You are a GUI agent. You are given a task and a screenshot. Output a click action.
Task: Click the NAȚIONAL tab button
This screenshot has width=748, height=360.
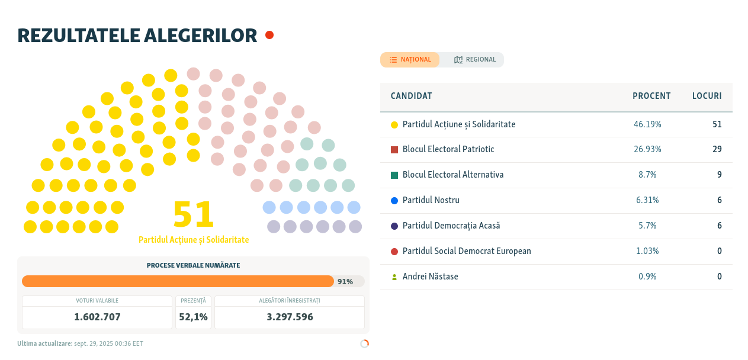tap(410, 60)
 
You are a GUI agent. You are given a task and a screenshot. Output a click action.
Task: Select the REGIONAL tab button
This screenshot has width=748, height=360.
tap(474, 60)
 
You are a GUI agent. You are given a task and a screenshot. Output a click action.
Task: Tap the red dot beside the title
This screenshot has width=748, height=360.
tap(269, 35)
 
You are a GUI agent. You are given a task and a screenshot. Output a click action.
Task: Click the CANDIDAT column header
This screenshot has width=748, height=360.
tap(411, 96)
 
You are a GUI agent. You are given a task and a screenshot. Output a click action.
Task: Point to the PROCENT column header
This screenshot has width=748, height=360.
tap(651, 96)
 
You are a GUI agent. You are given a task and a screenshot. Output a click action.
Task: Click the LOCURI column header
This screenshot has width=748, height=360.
tap(707, 96)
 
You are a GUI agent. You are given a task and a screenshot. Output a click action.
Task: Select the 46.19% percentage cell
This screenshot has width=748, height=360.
tap(647, 124)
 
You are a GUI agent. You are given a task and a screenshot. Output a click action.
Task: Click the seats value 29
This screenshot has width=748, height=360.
tap(717, 149)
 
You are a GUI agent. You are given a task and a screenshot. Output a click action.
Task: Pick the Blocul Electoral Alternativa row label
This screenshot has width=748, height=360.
tap(453, 175)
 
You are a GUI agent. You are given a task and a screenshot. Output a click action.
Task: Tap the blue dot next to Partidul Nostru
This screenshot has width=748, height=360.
tap(394, 201)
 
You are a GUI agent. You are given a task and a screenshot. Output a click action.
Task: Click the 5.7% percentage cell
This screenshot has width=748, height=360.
tap(646, 226)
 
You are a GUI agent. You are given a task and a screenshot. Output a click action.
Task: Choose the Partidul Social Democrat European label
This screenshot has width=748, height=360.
tap(467, 251)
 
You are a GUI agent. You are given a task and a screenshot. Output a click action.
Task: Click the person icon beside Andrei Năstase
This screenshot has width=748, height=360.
tap(394, 277)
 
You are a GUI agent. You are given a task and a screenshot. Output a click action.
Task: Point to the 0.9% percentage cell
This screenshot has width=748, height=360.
tap(647, 277)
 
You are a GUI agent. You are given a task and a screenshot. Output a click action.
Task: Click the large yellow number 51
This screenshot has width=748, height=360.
tap(193, 214)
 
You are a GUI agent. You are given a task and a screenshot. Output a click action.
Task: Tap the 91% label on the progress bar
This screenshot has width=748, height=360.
tap(345, 282)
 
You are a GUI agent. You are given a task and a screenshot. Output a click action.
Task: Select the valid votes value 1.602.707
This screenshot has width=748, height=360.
tap(97, 317)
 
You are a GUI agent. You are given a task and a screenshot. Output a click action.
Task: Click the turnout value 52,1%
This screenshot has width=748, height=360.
tap(193, 317)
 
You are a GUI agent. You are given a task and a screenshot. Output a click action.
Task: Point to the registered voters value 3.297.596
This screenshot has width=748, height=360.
tap(290, 317)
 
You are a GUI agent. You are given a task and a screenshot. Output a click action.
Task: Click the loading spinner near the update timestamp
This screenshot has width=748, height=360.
tap(364, 343)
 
